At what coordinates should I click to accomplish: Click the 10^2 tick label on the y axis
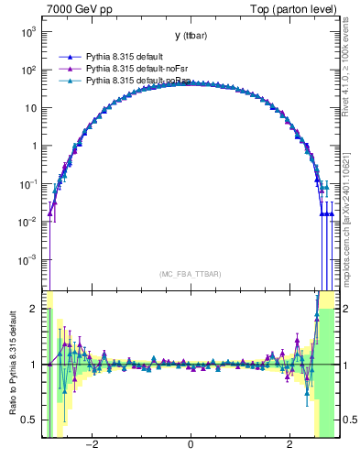point(29,70)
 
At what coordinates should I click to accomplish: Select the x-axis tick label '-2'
point(91,445)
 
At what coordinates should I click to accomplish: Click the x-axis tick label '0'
point(190,445)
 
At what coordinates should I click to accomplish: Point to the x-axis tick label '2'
point(289,445)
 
